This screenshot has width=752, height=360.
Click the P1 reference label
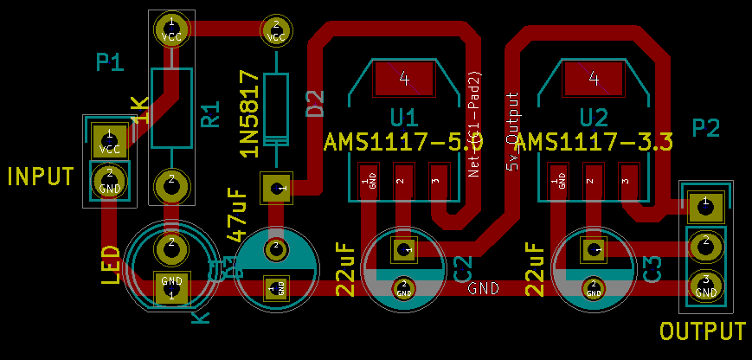pos(110,62)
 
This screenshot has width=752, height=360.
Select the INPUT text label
pos(41,177)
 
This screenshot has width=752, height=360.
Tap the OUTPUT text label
pos(702,331)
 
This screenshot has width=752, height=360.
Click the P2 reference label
pos(706,129)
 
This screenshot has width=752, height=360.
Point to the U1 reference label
pos(403,118)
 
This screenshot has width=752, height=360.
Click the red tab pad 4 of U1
pos(404,80)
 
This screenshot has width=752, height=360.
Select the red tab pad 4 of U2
pos(594,80)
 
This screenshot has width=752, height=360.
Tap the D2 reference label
pos(315,103)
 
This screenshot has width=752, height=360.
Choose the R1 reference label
pos(210,115)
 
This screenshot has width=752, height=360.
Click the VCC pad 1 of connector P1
pos(110,142)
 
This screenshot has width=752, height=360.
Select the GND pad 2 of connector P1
pos(110,181)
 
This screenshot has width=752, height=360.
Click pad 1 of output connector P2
pos(705,204)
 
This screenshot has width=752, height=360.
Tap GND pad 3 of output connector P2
pos(706,284)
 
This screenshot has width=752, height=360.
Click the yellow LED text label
pos(111,265)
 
